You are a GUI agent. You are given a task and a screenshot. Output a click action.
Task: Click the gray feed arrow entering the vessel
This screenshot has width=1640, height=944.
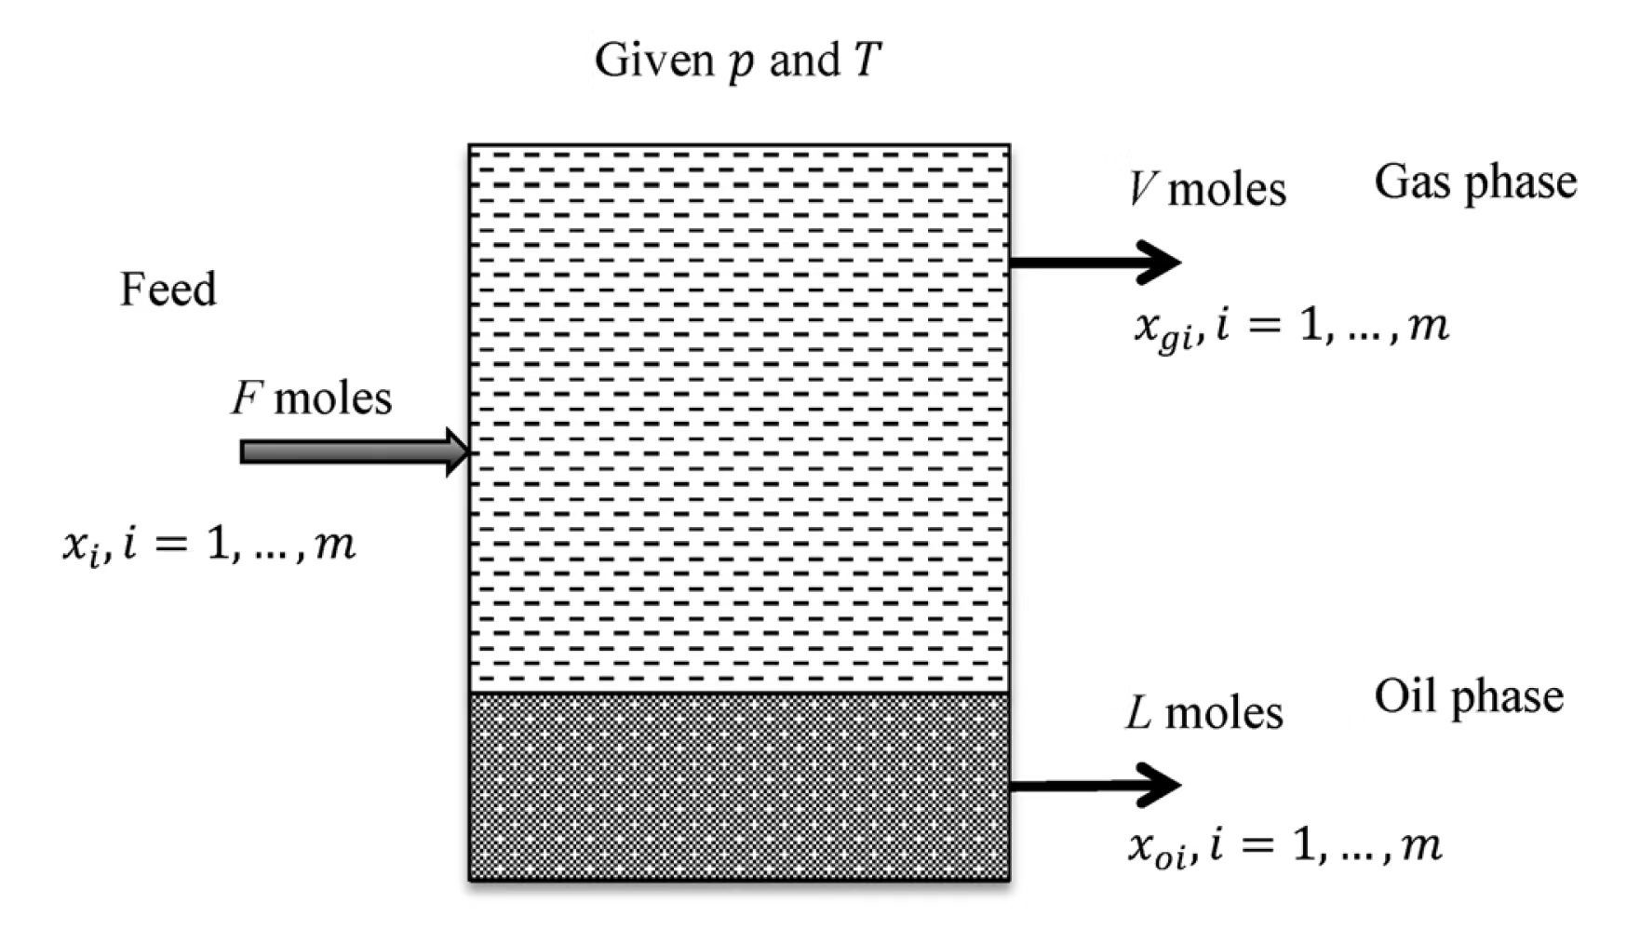[354, 452]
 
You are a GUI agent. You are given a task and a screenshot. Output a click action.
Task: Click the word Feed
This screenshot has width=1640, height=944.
[168, 290]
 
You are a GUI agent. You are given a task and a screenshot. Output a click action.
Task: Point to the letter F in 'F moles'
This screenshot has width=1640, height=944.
[246, 398]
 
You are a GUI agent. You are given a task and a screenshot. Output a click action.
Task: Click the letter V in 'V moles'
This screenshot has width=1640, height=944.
[1141, 189]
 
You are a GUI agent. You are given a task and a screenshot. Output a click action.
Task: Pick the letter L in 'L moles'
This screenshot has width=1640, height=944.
[1138, 713]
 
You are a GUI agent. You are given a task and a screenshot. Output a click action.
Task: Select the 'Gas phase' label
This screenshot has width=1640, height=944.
[1475, 182]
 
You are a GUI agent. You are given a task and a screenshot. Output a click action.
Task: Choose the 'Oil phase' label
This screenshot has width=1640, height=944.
[1469, 697]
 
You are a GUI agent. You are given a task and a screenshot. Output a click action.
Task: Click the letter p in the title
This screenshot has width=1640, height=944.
[741, 63]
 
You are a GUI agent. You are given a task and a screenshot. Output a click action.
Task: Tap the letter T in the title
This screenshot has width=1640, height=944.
[866, 61]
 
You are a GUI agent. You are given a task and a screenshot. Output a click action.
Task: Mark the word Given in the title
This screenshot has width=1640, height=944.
[653, 61]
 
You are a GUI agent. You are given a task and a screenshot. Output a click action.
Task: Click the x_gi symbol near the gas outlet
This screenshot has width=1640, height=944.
[1162, 330]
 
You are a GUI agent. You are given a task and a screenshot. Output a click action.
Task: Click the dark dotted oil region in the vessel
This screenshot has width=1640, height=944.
[739, 787]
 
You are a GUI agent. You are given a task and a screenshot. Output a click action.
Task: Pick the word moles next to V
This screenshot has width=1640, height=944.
[1227, 190]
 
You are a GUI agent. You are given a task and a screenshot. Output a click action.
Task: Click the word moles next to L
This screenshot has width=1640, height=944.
[1224, 714]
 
